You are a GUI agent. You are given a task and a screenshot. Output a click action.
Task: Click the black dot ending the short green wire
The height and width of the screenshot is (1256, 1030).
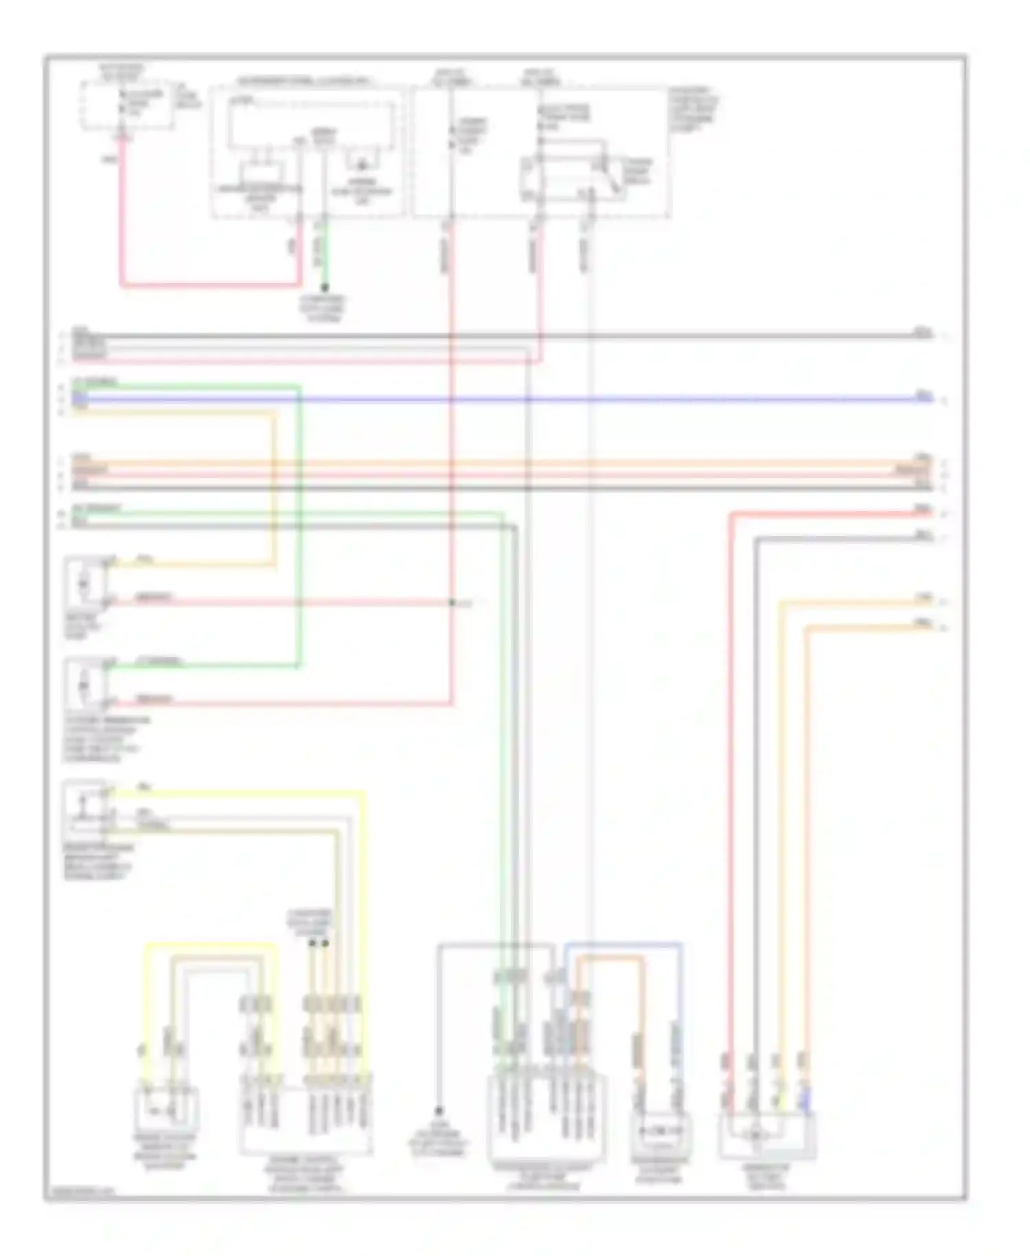tap(324, 288)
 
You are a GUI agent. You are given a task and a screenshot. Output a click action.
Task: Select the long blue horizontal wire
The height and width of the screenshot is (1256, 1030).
tap(501, 399)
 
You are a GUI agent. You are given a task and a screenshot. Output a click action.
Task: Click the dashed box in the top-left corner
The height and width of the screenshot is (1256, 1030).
tap(127, 105)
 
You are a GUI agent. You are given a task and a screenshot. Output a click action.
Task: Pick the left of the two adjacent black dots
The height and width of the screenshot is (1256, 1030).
tap(312, 943)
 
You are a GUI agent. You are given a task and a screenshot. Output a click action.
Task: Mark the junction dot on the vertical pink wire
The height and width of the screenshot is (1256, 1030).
tap(452, 603)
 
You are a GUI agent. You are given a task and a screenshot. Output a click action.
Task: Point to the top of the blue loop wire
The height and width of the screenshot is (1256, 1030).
tap(623, 945)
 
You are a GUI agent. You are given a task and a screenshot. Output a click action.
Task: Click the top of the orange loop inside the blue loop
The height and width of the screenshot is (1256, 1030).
tap(610, 957)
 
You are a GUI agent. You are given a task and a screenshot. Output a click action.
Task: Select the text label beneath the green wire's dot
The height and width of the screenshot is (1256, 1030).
tap(323, 309)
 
